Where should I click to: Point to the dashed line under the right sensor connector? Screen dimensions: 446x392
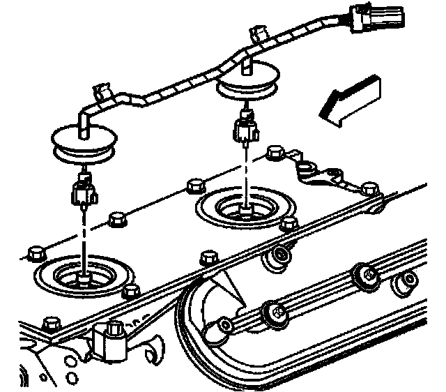coord(246,174)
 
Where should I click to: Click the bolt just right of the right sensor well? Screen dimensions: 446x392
coord(285,225)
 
